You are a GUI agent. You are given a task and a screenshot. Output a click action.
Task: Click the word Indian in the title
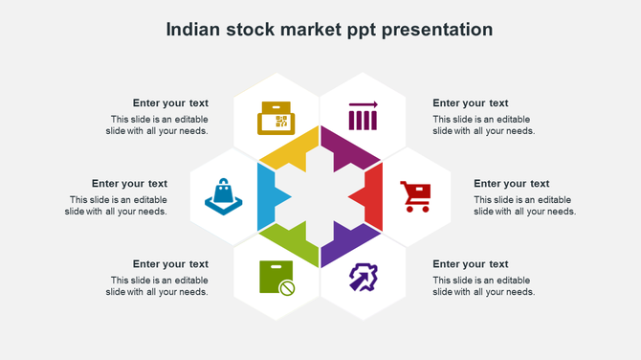pyautogui.click(x=191, y=30)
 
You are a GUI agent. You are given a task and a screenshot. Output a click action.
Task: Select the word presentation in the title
pyautogui.click(x=437, y=30)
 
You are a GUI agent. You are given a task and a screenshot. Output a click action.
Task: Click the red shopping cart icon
pyautogui.click(x=416, y=196)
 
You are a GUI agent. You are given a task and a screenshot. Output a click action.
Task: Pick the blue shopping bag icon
pyautogui.click(x=224, y=196)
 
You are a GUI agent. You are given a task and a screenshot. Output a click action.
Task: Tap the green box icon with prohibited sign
pyautogui.click(x=276, y=278)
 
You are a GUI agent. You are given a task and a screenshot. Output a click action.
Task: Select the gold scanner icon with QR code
pyautogui.click(x=276, y=118)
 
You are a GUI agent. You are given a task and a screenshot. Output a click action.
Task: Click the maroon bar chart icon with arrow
pyautogui.click(x=363, y=116)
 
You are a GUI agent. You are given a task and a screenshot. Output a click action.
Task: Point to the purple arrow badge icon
pyautogui.click(x=363, y=278)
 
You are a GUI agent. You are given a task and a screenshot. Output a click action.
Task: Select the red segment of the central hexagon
pyautogui.click(x=370, y=196)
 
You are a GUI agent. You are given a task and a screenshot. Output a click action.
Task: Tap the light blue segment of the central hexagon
pyautogui.click(x=269, y=196)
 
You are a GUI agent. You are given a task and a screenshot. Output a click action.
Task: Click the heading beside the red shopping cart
pyautogui.click(x=511, y=184)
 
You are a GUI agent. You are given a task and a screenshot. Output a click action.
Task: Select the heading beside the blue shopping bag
pyautogui.click(x=129, y=184)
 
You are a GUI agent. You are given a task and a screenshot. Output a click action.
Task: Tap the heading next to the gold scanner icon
pyautogui.click(x=170, y=103)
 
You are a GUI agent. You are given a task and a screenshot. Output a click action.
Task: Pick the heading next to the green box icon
pyautogui.click(x=170, y=264)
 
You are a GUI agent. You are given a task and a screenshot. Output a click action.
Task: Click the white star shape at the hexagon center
pyautogui.click(x=320, y=197)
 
